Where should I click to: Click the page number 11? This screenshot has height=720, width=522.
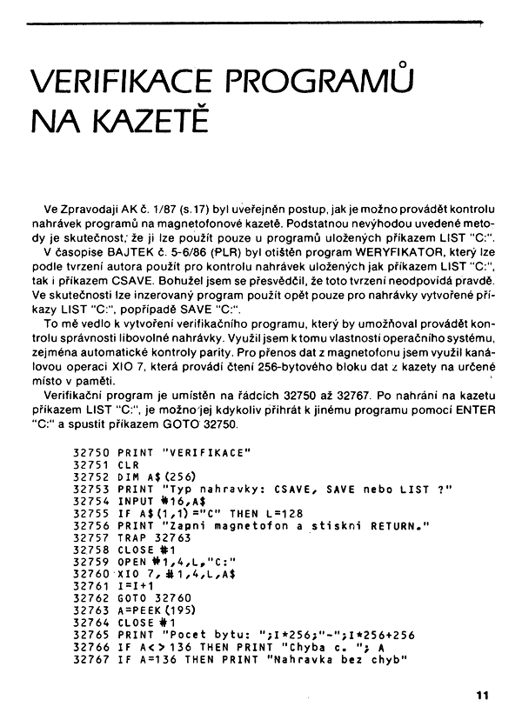(484, 694)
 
